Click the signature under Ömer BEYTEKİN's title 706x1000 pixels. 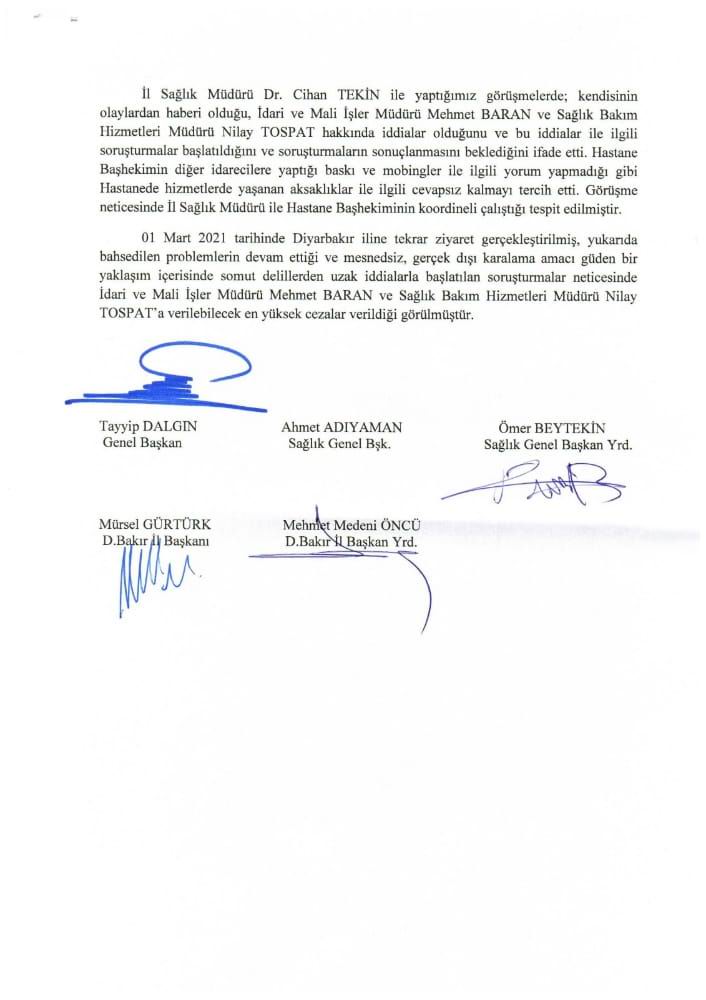(534, 486)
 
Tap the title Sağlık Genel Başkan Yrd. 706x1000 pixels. (557, 443)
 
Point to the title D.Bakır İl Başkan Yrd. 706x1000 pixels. (349, 542)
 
